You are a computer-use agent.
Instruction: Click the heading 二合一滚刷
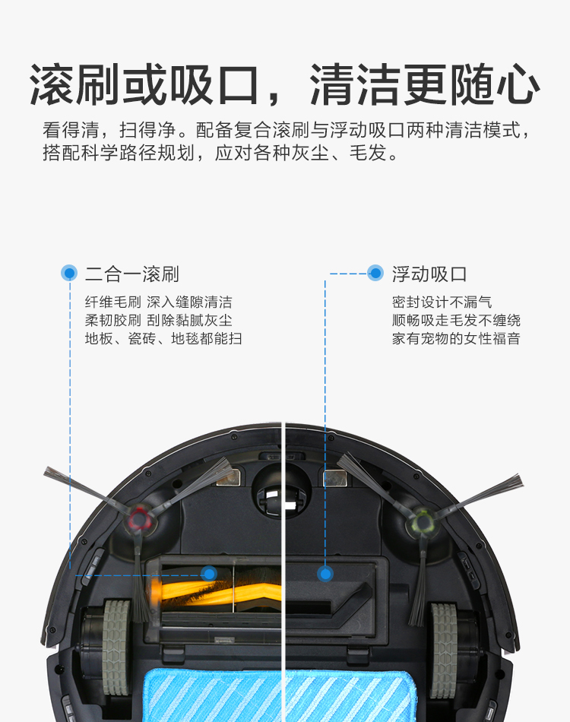point(131,274)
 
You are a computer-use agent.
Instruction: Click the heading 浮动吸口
point(429,274)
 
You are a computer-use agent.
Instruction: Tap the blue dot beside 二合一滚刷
point(69,273)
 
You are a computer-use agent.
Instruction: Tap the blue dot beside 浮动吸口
point(375,273)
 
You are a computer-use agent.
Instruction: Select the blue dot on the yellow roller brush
point(209,574)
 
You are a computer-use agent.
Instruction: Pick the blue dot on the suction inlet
point(325,574)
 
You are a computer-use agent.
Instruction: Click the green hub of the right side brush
point(423,521)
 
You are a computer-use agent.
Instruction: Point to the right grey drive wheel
point(444,650)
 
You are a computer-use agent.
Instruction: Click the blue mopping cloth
point(280,695)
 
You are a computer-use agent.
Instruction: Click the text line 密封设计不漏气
point(442,302)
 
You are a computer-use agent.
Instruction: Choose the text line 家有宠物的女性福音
point(456,338)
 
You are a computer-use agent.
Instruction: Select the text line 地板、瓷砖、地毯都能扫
point(163,338)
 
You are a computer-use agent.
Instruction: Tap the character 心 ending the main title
point(518,85)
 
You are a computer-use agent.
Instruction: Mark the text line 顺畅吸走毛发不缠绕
point(456,320)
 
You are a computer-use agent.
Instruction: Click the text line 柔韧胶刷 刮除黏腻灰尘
point(158,320)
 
